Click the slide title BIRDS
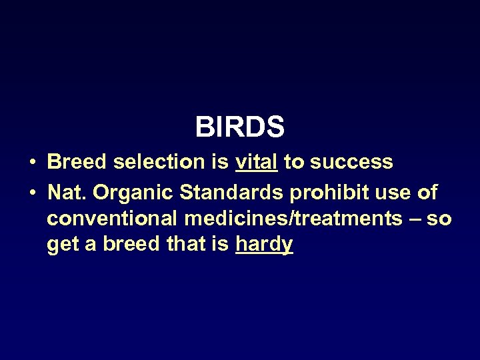pyautogui.click(x=240, y=126)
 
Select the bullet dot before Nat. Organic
pyautogui.click(x=32, y=193)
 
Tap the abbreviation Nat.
pyautogui.click(x=67, y=193)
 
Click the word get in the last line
pyautogui.click(x=62, y=245)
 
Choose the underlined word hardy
pyautogui.click(x=264, y=245)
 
